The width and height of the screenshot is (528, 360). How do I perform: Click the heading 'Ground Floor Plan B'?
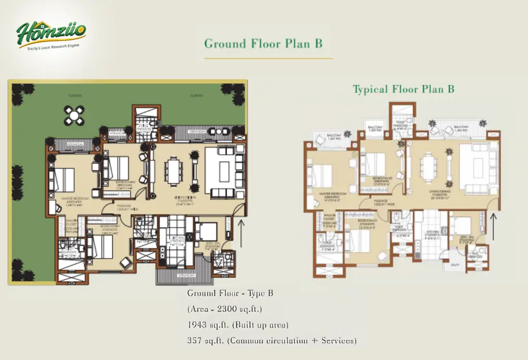(263, 44)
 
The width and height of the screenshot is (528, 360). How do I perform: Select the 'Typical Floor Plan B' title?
(403, 89)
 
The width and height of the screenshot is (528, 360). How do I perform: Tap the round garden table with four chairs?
(75, 115)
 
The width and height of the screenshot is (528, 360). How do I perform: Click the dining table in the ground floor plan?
(172, 171)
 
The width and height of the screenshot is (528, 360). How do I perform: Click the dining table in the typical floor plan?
(428, 168)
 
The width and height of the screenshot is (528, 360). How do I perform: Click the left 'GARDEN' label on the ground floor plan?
(75, 96)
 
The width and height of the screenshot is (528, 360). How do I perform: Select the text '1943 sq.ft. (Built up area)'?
(238, 325)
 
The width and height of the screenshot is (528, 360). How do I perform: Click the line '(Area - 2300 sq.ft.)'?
(225, 309)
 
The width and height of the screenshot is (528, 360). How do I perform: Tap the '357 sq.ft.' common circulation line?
(272, 341)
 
